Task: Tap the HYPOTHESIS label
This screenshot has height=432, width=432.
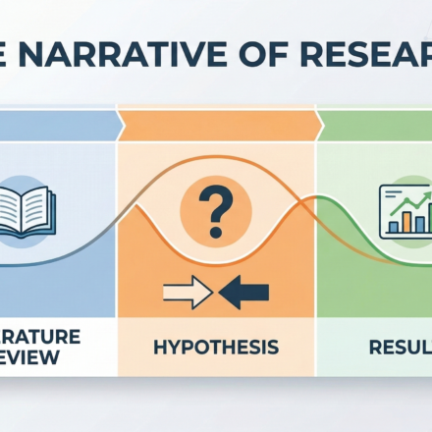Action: [216, 347]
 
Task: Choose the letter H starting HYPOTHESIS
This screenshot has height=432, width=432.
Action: [160, 347]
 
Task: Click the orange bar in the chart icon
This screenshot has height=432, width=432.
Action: [406, 221]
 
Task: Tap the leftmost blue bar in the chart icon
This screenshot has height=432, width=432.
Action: [395, 226]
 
